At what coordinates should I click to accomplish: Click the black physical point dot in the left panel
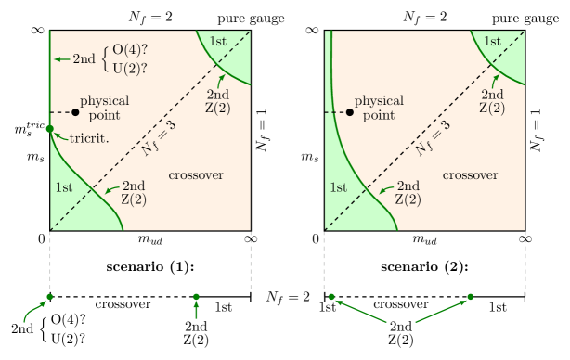75,112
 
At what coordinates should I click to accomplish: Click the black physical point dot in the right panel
350,112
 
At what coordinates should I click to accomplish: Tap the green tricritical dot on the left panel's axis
50,129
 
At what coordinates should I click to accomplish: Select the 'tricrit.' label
89,138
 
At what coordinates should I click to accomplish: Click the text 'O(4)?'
130,50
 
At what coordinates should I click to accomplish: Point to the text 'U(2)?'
130,68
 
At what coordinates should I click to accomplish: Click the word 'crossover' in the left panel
196,175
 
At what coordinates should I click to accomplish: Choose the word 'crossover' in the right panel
470,175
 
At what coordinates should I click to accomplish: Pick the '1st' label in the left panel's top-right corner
217,41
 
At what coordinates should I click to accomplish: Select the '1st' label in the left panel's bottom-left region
64,187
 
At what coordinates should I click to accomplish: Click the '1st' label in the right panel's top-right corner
492,41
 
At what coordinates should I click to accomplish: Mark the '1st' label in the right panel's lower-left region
338,187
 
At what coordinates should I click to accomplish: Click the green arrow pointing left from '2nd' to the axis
61,59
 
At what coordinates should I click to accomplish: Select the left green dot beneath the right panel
331,297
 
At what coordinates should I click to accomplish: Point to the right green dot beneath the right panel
470,297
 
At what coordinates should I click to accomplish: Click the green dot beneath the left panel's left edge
50,297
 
